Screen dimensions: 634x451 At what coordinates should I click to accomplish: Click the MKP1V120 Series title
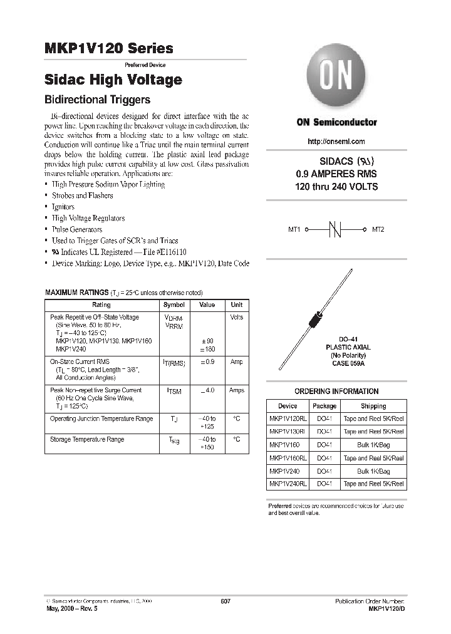pyautogui.click(x=109, y=49)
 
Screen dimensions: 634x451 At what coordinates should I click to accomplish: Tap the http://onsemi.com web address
pyautogui.click(x=336, y=142)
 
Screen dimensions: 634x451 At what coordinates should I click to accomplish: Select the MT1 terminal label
pyautogui.click(x=294, y=230)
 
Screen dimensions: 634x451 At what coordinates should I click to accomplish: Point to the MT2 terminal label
pyautogui.click(x=378, y=230)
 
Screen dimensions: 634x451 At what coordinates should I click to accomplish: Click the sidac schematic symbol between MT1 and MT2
pyautogui.click(x=336, y=230)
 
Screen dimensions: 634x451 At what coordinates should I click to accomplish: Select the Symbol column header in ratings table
pyautogui.click(x=174, y=304)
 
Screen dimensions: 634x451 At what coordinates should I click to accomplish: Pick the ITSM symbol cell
pyautogui.click(x=174, y=391)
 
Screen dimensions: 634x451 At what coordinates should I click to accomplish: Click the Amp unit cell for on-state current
pyautogui.click(x=236, y=362)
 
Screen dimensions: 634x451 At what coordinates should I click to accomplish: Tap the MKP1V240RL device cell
pyautogui.click(x=288, y=484)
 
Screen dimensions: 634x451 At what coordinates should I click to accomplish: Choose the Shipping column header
pyautogui.click(x=373, y=406)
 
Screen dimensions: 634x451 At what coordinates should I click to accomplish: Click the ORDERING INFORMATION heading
pyautogui.click(x=336, y=392)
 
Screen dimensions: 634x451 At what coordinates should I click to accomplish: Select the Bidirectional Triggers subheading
pyautogui.click(x=97, y=100)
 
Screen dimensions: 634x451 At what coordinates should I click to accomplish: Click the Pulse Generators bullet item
pyautogui.click(x=77, y=229)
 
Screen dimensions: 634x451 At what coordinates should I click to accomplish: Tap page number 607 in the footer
pyautogui.click(x=225, y=601)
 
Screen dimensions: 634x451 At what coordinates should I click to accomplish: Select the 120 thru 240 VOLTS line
pyautogui.click(x=336, y=187)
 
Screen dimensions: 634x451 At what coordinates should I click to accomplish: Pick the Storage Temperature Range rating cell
pyautogui.click(x=87, y=440)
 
